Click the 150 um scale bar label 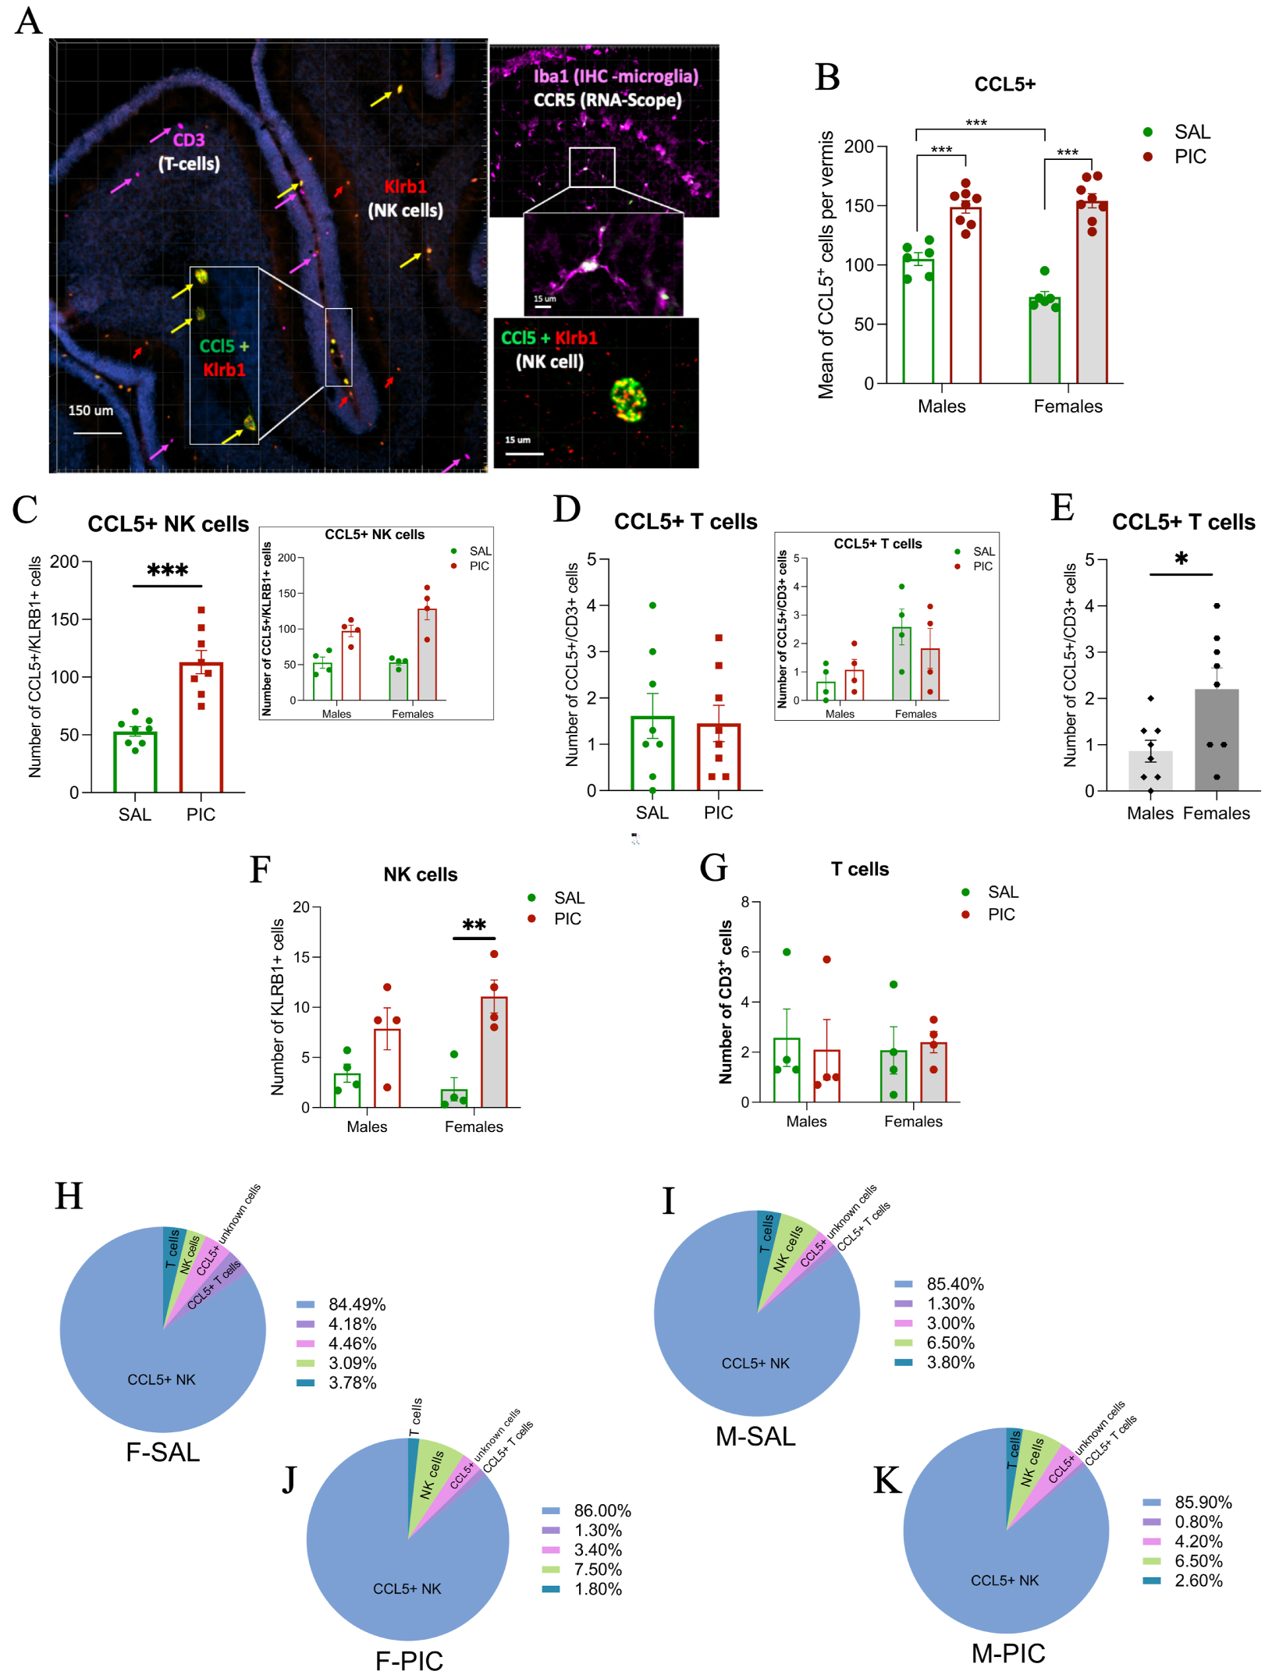[x=91, y=410]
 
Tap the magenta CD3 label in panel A [x=188, y=140]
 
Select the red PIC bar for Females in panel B [x=1091, y=293]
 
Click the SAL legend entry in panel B [x=1191, y=132]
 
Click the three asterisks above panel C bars [x=167, y=570]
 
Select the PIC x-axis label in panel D [x=718, y=813]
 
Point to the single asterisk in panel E [x=1181, y=559]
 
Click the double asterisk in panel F [x=474, y=925]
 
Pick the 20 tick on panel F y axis [x=301, y=906]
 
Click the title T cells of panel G [x=859, y=869]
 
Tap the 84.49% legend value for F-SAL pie [x=357, y=1304]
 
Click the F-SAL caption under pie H [x=162, y=1452]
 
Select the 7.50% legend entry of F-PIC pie [x=598, y=1570]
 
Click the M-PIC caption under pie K [x=1007, y=1653]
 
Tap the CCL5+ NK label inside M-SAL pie [x=755, y=1363]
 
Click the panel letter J [x=289, y=1479]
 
